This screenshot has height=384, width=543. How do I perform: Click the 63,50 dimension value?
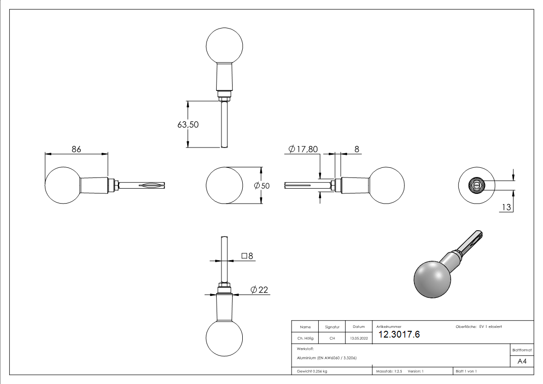coord(188,124)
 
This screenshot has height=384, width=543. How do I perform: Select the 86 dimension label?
coord(76,149)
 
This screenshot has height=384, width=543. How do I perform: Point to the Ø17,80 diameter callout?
coord(303,149)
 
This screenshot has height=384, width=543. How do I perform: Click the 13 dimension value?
coord(506,207)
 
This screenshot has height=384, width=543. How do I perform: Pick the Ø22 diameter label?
coord(259,290)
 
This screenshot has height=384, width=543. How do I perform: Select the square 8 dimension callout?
coord(248,255)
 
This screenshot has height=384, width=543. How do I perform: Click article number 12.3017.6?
coord(399,335)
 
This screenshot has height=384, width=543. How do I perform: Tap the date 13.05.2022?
coord(358,338)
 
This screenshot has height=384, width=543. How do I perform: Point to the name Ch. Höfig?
coord(305,338)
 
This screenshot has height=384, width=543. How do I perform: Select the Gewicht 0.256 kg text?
coord(312,371)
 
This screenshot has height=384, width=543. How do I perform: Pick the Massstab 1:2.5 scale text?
coord(389,371)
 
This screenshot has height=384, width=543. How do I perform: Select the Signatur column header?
coord(332,327)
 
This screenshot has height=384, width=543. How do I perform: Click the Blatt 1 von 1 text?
coord(466,371)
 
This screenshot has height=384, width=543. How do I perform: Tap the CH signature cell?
coord(332,338)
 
